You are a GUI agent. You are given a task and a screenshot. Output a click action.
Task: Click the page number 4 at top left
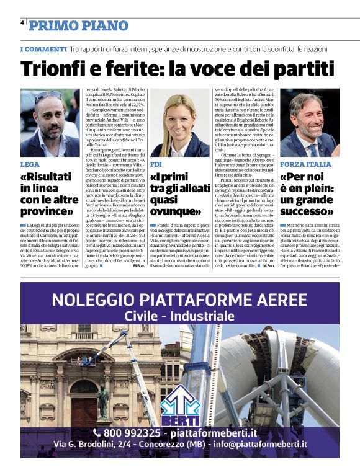(22, 22)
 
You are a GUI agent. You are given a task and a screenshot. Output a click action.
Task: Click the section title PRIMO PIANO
(79, 26)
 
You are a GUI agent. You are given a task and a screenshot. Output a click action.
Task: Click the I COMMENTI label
(43, 49)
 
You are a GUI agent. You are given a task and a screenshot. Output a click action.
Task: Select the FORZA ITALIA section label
(305, 164)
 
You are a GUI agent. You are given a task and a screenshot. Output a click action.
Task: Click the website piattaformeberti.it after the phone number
(222, 432)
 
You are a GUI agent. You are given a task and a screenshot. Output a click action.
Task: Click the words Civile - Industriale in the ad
(180, 316)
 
